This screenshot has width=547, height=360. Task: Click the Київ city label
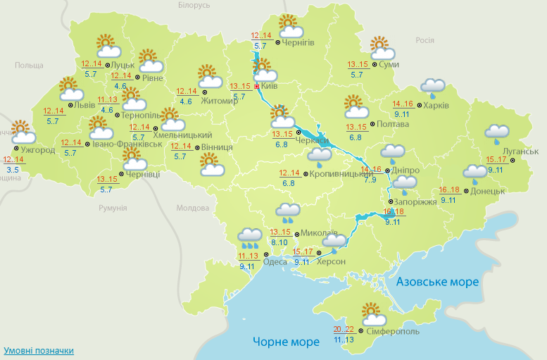pos(269,86)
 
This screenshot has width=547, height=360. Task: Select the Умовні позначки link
pos(39,350)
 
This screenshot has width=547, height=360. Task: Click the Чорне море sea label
pos(286,343)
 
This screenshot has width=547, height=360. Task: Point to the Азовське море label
pos(437,282)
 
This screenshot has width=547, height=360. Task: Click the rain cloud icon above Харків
pos(433,87)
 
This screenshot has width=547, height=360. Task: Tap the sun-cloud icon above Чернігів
pos(290,26)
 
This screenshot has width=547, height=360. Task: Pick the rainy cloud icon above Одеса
pos(250,237)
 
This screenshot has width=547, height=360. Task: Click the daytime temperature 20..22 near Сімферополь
pos(344,329)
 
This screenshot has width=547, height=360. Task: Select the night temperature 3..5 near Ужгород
pos(13,170)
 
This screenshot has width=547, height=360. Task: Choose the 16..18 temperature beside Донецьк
pos(448,190)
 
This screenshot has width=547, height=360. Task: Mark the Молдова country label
pos(193,209)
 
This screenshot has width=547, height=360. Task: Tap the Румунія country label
pos(113,208)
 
